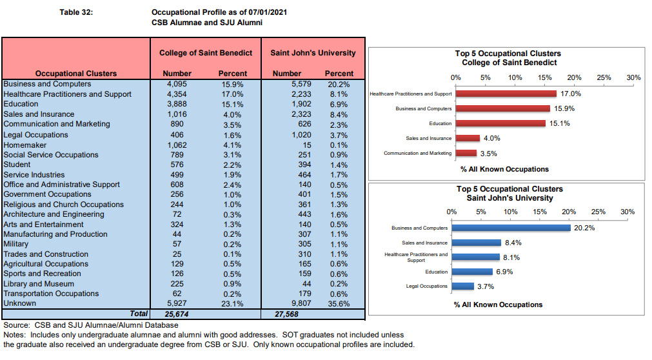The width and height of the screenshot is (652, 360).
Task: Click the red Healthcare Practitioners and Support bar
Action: [506, 94]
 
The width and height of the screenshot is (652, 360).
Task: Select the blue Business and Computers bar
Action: [511, 228]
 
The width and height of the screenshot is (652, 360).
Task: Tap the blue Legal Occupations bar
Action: [463, 286]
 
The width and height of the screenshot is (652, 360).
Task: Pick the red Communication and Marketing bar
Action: [466, 153]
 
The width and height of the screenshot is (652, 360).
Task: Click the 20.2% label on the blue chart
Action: [584, 228]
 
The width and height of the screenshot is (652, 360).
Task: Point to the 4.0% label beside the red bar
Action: [492, 138]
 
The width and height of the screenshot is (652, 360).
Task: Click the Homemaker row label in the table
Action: [25, 145]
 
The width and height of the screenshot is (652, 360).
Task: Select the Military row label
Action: [16, 244]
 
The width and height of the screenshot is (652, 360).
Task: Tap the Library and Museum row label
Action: [39, 284]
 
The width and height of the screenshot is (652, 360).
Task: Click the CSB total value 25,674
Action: [177, 314]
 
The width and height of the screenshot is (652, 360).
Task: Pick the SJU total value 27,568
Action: [286, 314]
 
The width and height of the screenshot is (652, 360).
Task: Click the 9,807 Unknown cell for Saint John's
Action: [301, 303]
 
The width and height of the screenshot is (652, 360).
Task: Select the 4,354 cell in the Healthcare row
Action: [177, 94]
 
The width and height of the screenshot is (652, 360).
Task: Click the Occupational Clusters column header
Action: [76, 74]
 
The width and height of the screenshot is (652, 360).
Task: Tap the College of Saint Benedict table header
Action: [206, 53]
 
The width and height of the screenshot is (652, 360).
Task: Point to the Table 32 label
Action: [76, 12]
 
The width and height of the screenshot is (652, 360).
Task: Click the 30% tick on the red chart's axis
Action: [634, 77]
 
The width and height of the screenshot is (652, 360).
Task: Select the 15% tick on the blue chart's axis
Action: [540, 212]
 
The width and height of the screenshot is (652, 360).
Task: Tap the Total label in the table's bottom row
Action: [139, 314]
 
